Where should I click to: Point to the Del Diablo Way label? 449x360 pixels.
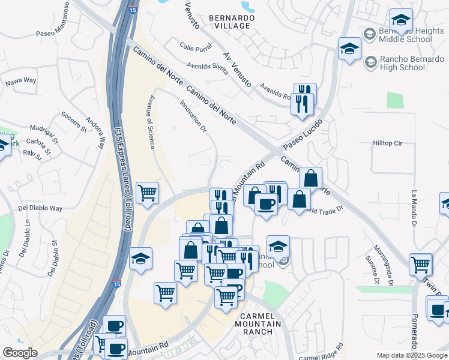(x=40, y=208)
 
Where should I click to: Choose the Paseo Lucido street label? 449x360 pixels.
(x=303, y=134)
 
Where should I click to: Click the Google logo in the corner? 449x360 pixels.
(x=20, y=353)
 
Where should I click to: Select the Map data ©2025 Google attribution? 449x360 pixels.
(x=412, y=355)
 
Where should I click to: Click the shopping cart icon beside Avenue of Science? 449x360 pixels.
(x=147, y=193)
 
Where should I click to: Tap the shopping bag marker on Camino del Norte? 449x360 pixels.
(x=310, y=178)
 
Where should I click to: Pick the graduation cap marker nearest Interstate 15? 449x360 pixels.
(x=140, y=259)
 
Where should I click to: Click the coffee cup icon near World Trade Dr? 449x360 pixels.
(x=266, y=204)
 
